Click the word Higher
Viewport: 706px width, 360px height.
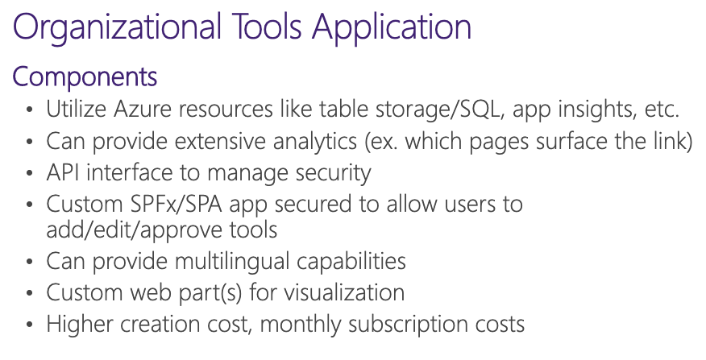click(x=77, y=325)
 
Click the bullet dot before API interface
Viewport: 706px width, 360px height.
click(x=30, y=173)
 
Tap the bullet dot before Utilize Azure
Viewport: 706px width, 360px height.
click(x=30, y=110)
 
